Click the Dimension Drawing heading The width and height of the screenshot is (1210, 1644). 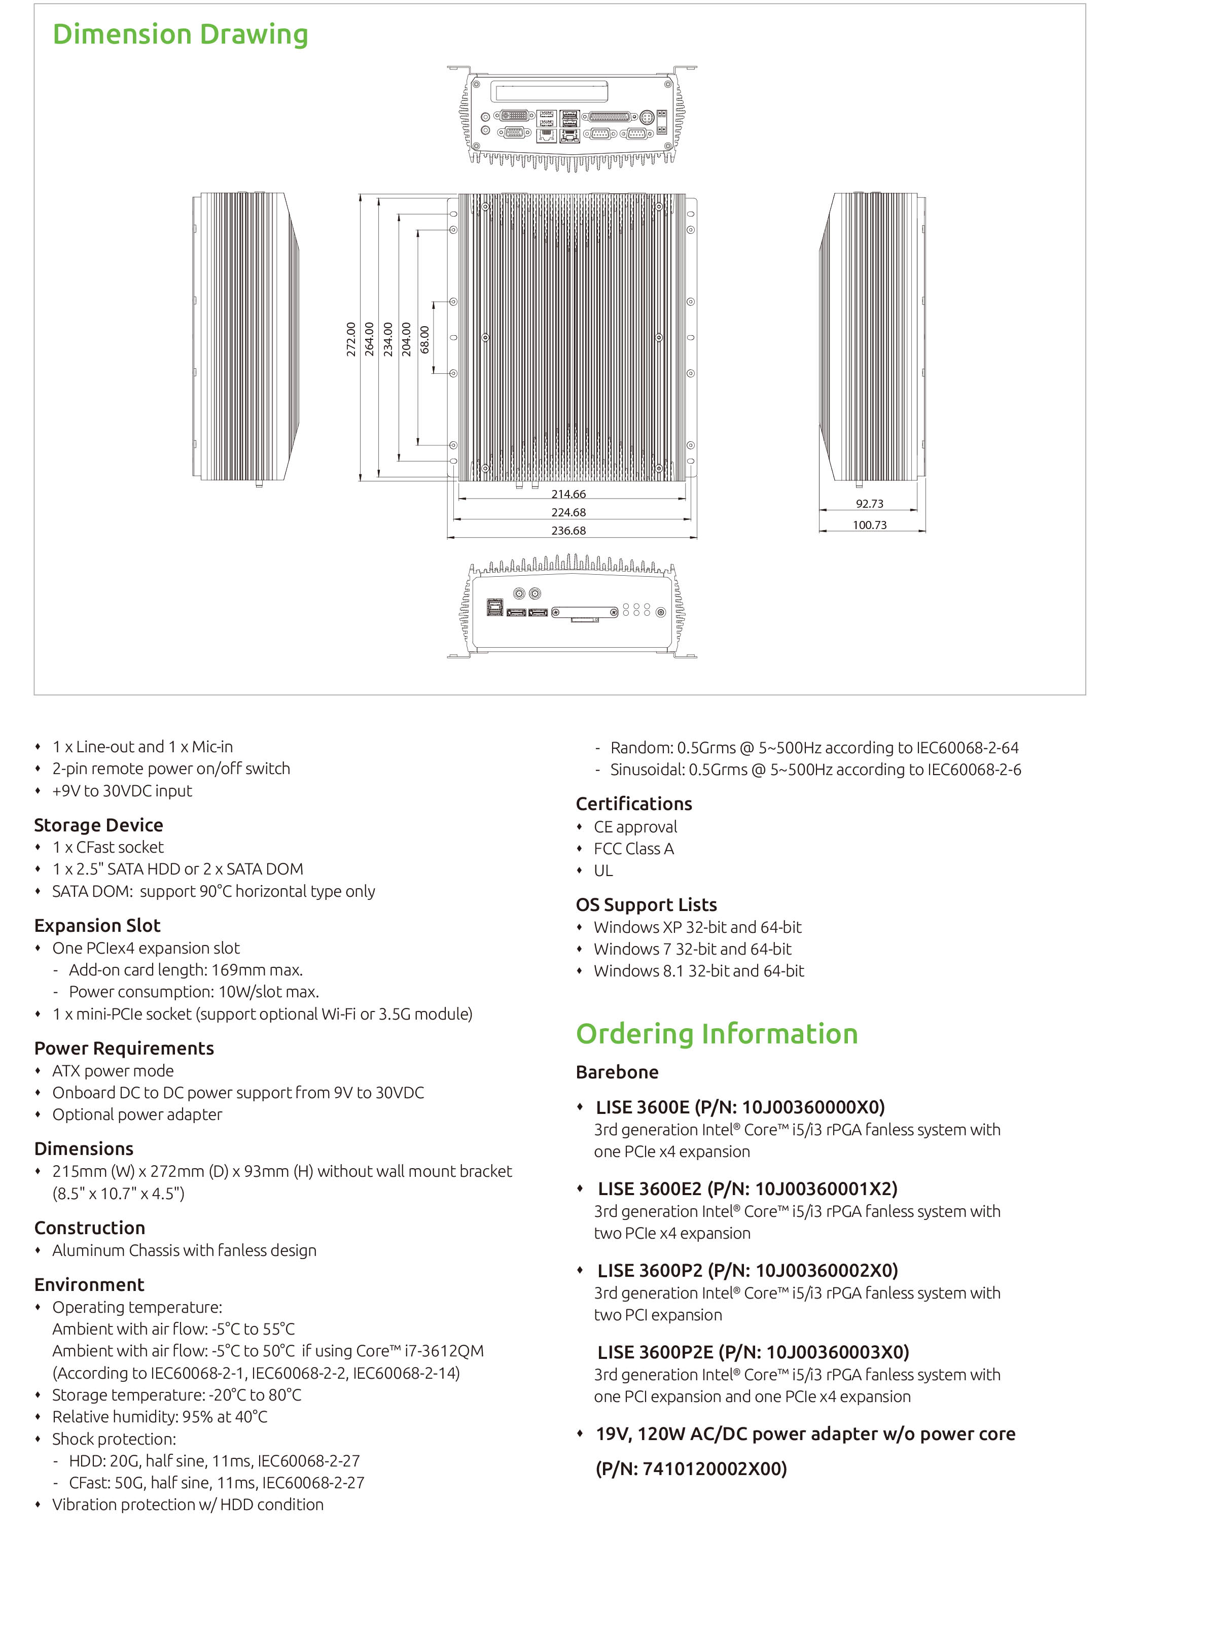tap(180, 35)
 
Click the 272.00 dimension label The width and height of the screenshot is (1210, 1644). tap(351, 339)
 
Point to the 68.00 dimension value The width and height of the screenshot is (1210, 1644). tap(425, 340)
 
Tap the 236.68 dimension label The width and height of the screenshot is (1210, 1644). tap(568, 531)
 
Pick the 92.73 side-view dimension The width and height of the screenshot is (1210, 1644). tap(869, 504)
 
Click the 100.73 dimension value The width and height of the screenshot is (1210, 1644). tap(869, 526)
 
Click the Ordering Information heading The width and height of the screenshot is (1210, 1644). tap(717, 1034)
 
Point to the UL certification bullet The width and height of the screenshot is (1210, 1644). tap(603, 870)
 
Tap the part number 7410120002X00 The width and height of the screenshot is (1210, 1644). tap(714, 1469)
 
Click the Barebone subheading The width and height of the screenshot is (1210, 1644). tap(617, 1072)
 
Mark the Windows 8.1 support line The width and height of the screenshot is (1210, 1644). tap(699, 971)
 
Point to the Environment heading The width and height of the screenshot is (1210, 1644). tap(89, 1284)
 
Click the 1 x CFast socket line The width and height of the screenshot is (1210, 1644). tap(108, 847)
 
